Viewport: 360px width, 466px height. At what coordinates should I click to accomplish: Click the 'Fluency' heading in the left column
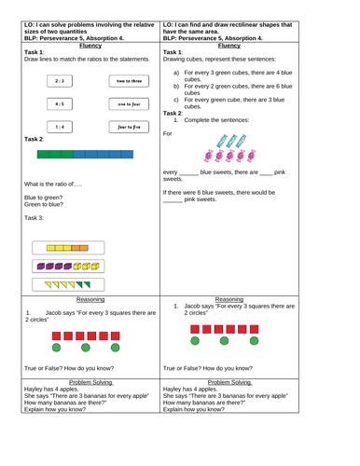point(90,43)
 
